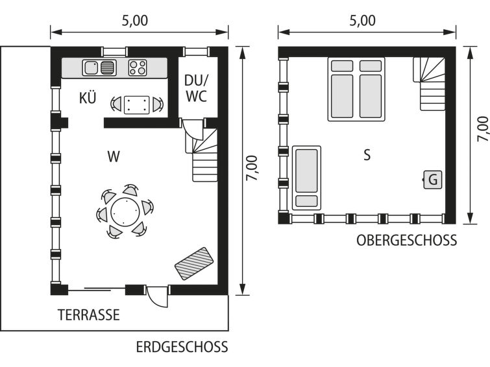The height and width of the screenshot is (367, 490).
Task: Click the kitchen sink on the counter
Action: point(99,68)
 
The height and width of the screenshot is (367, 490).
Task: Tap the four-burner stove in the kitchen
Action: point(138,68)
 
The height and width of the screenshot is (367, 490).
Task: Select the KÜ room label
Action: point(88,98)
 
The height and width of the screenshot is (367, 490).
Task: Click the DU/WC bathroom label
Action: point(196,88)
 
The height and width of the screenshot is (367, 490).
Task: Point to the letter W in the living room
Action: point(114,156)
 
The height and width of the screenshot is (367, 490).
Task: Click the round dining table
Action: point(125,211)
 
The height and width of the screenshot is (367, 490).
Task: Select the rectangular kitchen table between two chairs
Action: point(137,105)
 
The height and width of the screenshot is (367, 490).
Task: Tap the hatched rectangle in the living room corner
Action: point(194,264)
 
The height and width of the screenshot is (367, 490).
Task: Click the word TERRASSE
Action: point(89,315)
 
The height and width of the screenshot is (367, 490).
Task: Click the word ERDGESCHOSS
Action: point(182,348)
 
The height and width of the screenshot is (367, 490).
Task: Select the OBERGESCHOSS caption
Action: point(406,241)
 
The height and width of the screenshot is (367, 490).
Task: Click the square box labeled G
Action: point(433,180)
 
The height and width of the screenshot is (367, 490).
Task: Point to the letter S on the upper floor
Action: point(367,155)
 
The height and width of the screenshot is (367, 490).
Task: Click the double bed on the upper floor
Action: point(356,89)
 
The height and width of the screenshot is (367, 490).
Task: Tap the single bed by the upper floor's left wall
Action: point(306,178)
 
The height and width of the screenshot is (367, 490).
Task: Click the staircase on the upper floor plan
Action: point(430,84)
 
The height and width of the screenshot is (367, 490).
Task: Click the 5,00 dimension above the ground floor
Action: point(135,21)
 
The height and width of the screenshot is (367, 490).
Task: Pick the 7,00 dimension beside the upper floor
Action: point(483,129)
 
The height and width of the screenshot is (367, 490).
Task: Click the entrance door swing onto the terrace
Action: point(157,296)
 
